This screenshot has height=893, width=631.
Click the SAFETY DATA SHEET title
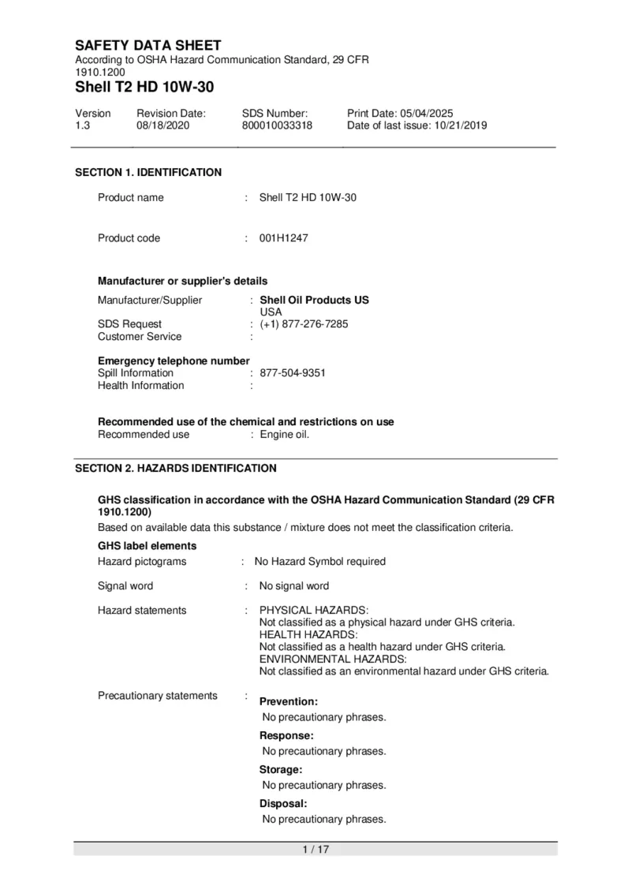pos(148,46)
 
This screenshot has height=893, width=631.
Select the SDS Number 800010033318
pos(277,125)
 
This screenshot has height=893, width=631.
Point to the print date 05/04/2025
pos(427,114)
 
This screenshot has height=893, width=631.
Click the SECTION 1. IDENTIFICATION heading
pos(148,172)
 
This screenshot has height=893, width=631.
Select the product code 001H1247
pos(284,238)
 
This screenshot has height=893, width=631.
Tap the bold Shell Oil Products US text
pos(314,300)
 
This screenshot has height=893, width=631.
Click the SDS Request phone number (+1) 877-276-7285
pos(304,323)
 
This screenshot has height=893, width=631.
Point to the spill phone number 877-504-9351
pos(293,372)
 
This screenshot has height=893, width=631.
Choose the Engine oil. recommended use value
pos(285,434)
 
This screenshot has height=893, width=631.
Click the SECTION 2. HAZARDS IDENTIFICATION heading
pos(176,468)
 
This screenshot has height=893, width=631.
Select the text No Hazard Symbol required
pos(320,562)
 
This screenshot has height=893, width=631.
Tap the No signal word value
pos(294,586)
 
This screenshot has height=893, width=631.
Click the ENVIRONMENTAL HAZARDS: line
pos(333,659)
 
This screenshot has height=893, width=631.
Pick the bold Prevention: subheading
pos(289,701)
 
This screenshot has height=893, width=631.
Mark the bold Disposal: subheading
pos(283,803)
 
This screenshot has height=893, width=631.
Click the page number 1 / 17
pos(315,849)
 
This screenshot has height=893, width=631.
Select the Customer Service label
pos(140,336)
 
